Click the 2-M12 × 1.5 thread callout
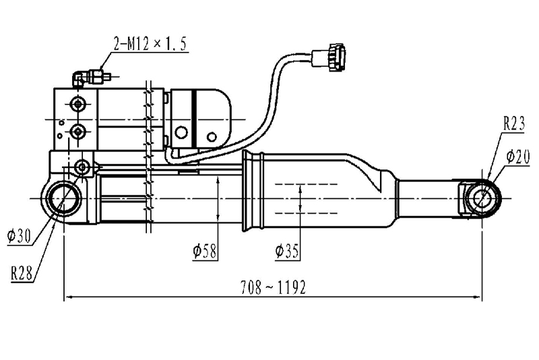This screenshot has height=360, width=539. (151, 44)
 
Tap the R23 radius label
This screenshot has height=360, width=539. (514, 124)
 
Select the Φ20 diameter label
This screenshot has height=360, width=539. (518, 157)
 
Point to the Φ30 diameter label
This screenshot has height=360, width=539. (19, 237)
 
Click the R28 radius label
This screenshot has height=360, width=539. (22, 273)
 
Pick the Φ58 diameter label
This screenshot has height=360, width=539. (205, 251)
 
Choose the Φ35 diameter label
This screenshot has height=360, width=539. (287, 251)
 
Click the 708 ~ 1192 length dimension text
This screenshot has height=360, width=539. (273, 287)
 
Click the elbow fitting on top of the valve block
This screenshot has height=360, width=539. (78, 78)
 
